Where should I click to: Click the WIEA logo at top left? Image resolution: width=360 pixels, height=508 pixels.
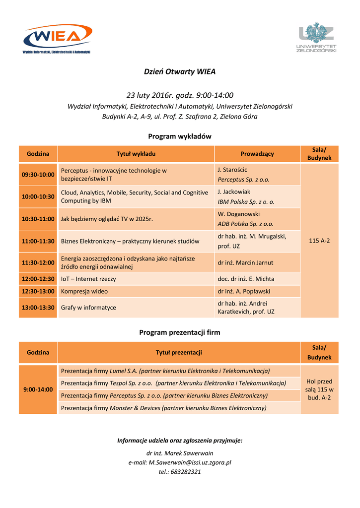pos(58,38)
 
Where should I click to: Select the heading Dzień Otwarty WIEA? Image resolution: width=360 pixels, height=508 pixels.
pos(180,71)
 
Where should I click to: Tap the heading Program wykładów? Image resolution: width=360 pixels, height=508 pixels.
pos(180,136)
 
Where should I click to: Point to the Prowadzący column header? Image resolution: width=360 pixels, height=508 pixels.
pos(257,154)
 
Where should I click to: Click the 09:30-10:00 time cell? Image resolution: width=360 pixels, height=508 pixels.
pos(38,175)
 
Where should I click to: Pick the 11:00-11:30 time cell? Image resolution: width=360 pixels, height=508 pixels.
pos(38,241)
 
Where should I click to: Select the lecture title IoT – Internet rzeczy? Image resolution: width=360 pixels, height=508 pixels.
pos(88,279)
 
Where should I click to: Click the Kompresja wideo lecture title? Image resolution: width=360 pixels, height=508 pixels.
pos(84,291)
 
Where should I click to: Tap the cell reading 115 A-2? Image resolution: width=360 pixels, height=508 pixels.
pos(319,241)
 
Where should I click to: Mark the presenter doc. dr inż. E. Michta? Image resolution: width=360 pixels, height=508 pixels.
pos(246,279)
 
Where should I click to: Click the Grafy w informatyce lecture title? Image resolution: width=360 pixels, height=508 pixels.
pos(88,308)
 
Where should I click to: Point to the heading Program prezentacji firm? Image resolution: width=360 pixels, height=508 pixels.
pos(180,332)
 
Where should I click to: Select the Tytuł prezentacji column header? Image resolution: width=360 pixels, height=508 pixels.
pos(179,352)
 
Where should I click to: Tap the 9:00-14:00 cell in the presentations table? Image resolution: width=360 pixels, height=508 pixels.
pos(38,389)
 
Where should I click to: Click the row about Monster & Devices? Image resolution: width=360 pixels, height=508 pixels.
pos(163,408)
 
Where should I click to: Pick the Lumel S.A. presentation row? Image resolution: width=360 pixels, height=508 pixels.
pos(165,371)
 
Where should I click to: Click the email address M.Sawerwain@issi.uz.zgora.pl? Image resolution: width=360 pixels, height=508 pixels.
pos(191,462)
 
